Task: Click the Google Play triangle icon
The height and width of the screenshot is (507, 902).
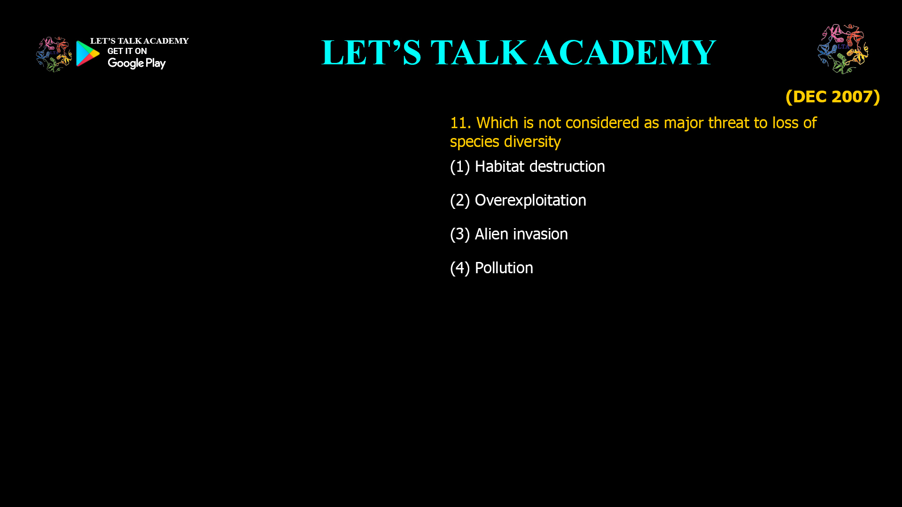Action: point(88,54)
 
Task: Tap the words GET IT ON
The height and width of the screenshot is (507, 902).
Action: point(127,51)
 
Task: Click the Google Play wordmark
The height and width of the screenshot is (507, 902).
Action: point(137,63)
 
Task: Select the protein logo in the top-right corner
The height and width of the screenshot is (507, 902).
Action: point(843,49)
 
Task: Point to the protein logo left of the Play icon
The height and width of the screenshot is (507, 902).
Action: point(54,54)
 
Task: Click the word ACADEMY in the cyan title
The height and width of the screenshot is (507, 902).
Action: point(625,53)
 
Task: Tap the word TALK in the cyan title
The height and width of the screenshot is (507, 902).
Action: point(479,53)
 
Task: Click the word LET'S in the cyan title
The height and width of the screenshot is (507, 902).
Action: point(372,53)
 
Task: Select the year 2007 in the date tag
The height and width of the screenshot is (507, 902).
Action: point(852,97)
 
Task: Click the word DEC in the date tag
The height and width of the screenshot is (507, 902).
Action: point(809,97)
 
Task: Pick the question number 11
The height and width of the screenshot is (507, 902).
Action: point(460,123)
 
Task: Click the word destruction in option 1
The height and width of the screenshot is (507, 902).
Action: point(567,167)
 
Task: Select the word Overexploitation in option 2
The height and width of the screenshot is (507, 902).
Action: point(530,200)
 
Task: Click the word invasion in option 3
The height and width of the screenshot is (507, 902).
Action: point(540,234)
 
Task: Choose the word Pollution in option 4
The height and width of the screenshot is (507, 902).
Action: point(504,268)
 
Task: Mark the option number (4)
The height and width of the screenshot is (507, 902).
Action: point(460,269)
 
